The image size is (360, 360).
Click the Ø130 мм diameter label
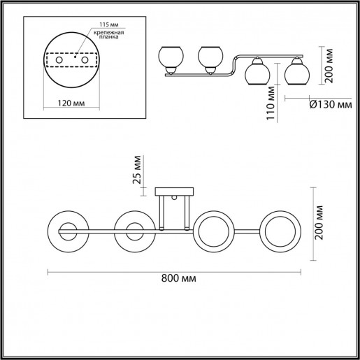[329, 105]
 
